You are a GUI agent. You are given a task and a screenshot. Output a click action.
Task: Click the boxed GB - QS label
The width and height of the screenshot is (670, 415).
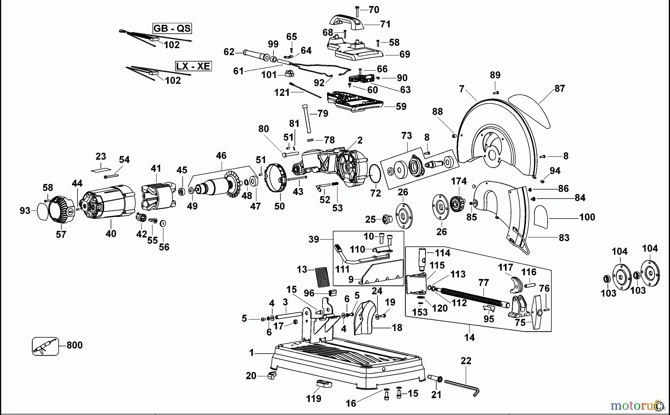coord(172,28)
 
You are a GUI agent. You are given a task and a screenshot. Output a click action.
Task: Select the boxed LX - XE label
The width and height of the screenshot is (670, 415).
coord(193,67)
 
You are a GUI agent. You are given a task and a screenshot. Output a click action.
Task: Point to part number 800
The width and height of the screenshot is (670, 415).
coord(74,345)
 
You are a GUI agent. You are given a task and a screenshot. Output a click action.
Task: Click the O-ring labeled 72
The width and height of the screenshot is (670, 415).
coord(375,174)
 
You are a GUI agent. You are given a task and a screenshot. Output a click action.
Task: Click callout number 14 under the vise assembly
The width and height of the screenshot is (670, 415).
coord(469,337)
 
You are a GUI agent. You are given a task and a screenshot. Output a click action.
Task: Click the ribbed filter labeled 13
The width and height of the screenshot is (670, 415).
coord(322,277)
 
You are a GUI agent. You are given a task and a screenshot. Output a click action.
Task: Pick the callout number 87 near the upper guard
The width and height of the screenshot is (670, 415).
coord(559,88)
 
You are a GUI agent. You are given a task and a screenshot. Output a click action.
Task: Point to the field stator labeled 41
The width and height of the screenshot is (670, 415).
coord(156,197)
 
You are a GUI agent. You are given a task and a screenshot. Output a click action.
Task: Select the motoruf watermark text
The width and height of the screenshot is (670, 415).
coord(633,404)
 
